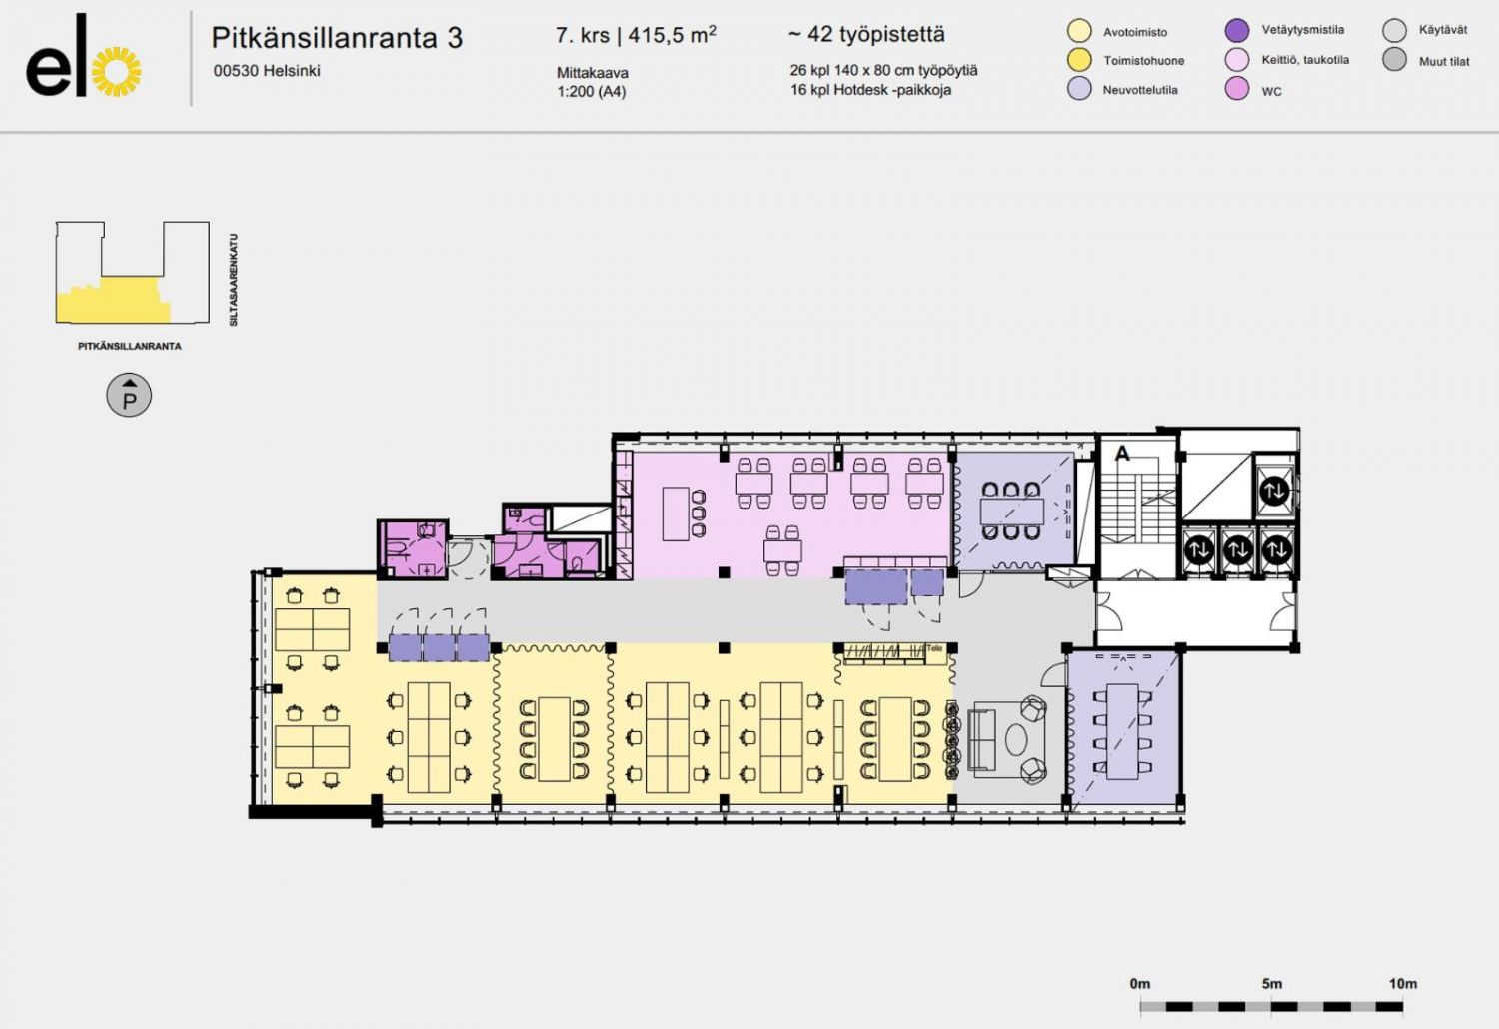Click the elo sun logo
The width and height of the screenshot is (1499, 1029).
[x=117, y=72]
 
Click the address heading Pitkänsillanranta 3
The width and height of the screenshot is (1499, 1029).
[x=337, y=38]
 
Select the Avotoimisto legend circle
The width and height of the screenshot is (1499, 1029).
[x=1079, y=31]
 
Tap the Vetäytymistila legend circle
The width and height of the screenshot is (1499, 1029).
[x=1237, y=30]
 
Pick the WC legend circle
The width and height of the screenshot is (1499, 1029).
[x=1237, y=89]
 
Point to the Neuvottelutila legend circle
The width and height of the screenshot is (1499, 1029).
[x=1079, y=88]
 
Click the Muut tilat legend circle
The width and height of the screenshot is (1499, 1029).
[x=1395, y=60]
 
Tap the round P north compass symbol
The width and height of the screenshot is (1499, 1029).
[x=129, y=395]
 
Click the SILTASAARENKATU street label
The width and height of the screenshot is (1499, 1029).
[x=234, y=280]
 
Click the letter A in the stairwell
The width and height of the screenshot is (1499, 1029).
[x=1122, y=453]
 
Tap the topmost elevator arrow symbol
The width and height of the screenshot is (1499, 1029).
[x=1274, y=491]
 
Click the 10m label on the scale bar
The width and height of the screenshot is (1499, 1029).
[x=1403, y=983]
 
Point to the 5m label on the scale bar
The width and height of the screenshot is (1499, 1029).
[x=1271, y=983]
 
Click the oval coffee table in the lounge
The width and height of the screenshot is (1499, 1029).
[x=1017, y=739]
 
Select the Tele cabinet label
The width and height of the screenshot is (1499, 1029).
[x=934, y=648]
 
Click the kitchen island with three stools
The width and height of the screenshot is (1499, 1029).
[x=676, y=514]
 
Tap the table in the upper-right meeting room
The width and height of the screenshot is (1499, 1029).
[x=1011, y=512]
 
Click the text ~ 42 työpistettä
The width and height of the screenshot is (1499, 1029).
[x=866, y=34]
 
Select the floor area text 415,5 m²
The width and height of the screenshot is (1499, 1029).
[x=672, y=35]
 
